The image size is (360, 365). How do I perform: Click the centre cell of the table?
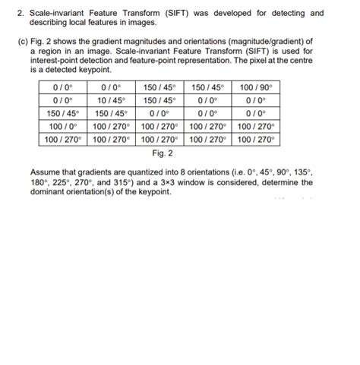[161, 113]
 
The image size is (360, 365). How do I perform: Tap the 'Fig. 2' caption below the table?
[161, 153]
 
